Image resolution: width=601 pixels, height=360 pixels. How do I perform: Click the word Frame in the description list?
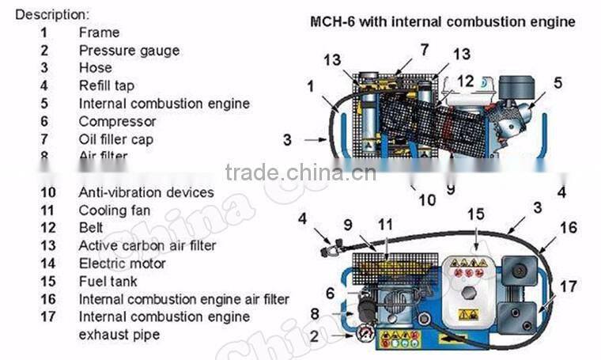(x=99, y=32)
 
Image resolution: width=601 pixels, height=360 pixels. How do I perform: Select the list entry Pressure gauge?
(x=128, y=51)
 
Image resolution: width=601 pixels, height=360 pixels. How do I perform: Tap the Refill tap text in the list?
(x=106, y=85)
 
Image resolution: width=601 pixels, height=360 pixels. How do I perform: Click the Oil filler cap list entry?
(x=115, y=139)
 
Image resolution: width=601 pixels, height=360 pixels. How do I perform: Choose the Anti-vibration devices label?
(x=146, y=192)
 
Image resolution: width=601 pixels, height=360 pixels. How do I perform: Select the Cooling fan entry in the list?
(x=114, y=210)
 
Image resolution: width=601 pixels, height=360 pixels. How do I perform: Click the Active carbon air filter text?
(x=147, y=245)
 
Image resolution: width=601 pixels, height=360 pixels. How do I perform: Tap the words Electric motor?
(x=122, y=263)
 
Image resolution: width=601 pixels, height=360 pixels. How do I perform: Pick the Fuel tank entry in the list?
(x=108, y=281)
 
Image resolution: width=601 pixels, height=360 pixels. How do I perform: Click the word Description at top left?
(x=52, y=14)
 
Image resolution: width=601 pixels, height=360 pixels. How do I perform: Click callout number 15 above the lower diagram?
(x=474, y=214)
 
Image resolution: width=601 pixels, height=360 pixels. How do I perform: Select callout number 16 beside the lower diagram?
(x=569, y=228)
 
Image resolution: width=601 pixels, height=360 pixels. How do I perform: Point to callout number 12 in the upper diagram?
(x=465, y=81)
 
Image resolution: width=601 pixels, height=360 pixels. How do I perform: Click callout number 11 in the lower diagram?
(x=384, y=225)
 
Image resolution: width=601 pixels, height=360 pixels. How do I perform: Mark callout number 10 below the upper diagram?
(x=427, y=199)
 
